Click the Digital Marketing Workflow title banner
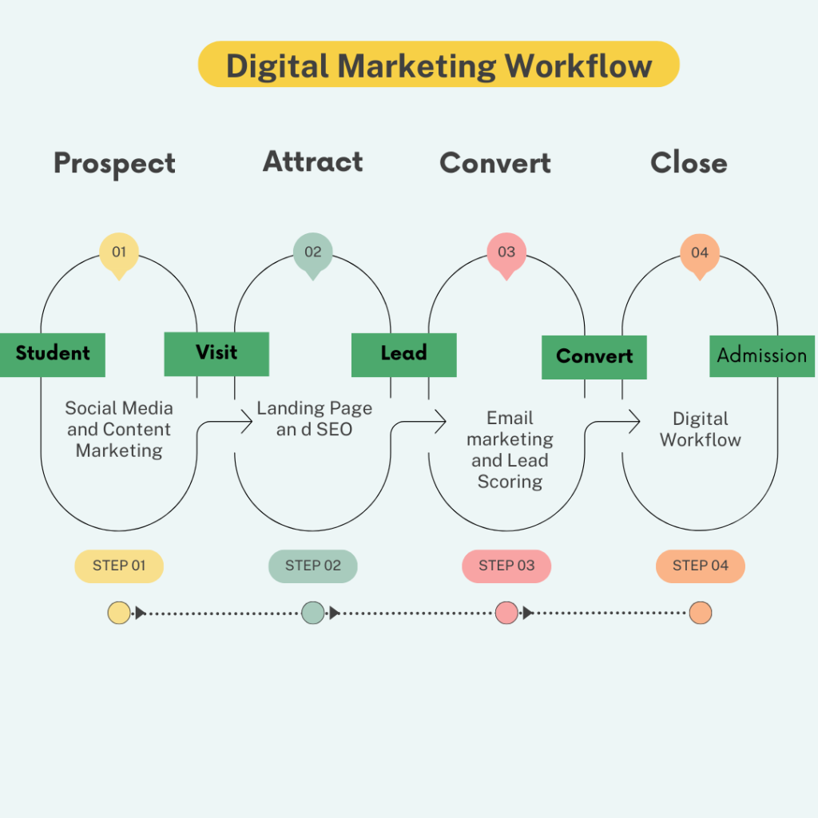coord(439,65)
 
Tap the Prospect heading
coord(114,164)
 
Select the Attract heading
coord(313,161)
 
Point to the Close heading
coord(689,163)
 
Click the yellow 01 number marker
coord(119,252)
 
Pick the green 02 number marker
coord(312,252)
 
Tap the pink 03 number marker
coord(506,252)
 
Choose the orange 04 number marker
coord(700,252)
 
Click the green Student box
coord(53,354)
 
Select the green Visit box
coord(216,353)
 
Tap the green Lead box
coord(403,354)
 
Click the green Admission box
coord(761,355)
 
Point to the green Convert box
coord(594,356)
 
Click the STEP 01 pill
coord(119,566)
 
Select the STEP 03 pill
coord(506,566)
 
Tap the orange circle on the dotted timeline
coord(700,613)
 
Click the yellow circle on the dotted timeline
coord(119,613)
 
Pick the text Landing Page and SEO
coord(314,419)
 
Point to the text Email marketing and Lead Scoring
coord(510,450)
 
